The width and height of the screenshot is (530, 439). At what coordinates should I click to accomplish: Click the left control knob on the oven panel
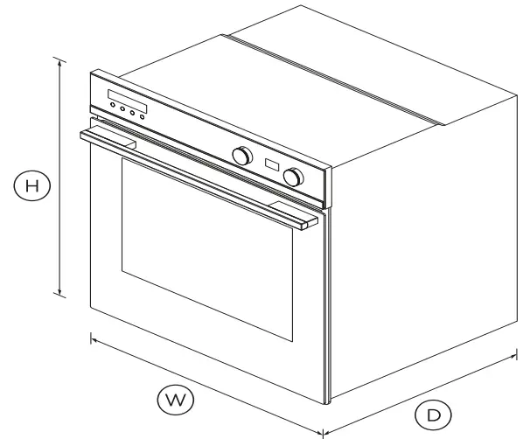(x=238, y=155)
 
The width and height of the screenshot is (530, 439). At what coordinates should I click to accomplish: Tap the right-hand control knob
(x=294, y=176)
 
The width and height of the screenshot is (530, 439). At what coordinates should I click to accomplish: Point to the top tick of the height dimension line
(x=59, y=59)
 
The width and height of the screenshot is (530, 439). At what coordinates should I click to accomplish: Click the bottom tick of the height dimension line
(x=59, y=296)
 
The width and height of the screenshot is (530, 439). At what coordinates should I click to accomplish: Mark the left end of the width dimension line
(x=91, y=336)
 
